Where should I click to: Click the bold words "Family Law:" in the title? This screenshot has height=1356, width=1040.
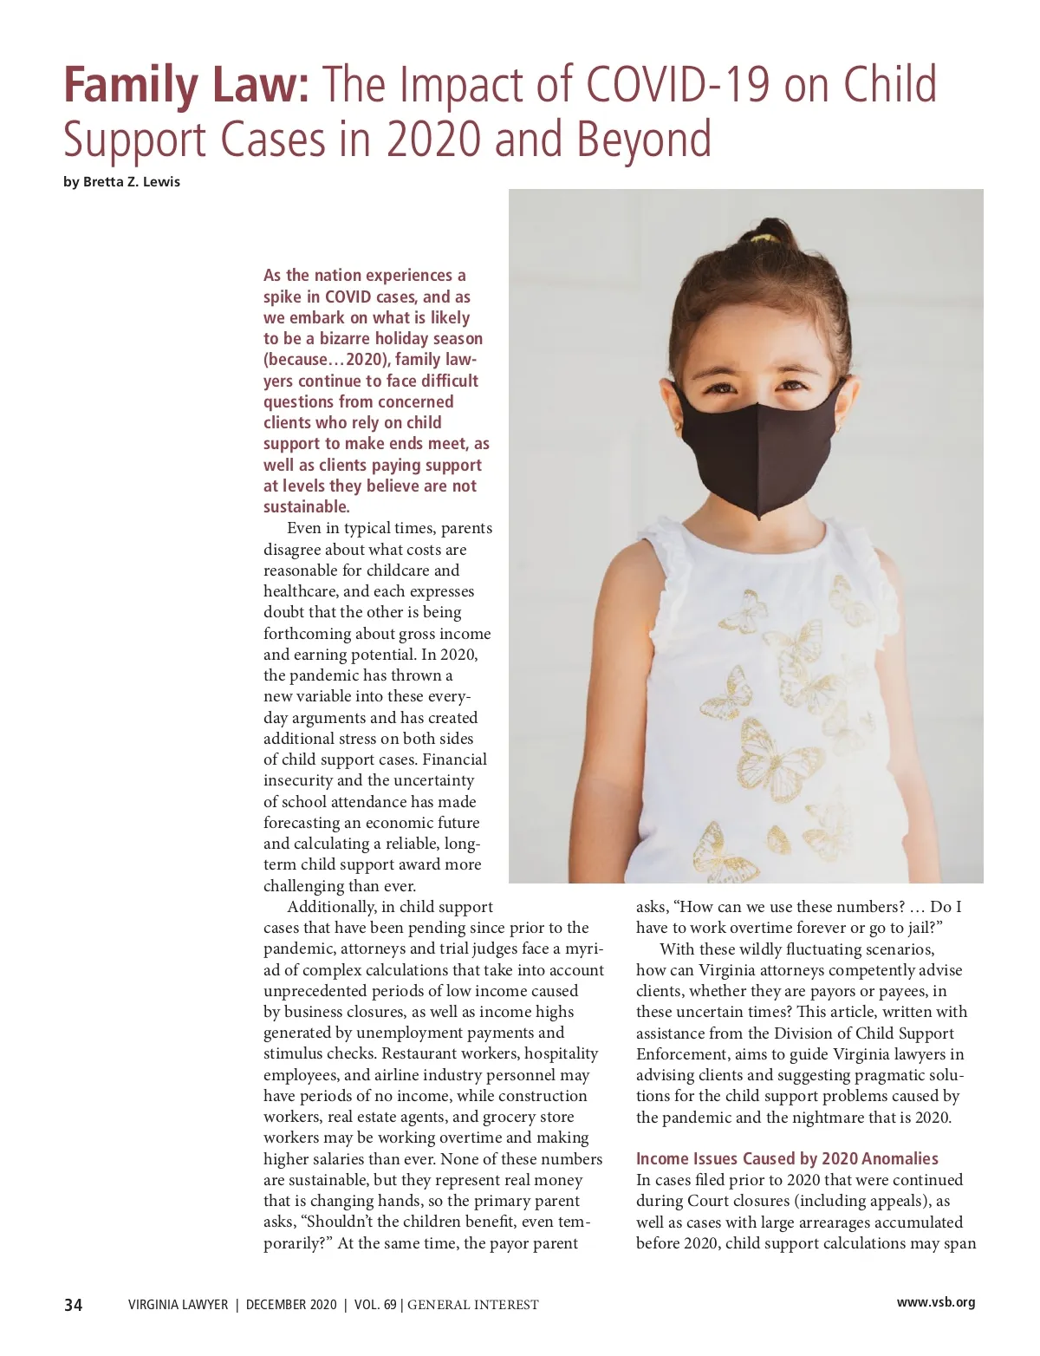[x=186, y=85]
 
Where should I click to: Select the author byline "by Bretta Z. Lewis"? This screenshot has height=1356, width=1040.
[x=122, y=182]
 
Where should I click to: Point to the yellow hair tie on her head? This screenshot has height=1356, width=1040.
[x=762, y=237]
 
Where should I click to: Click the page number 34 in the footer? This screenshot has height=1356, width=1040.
[x=74, y=1305]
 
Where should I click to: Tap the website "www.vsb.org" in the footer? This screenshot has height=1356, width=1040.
[x=935, y=1302]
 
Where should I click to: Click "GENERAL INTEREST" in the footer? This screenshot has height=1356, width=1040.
[x=473, y=1305]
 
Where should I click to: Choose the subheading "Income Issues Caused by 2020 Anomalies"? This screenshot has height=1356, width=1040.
[x=787, y=1159]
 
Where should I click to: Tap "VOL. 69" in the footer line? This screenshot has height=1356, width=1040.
[x=375, y=1305]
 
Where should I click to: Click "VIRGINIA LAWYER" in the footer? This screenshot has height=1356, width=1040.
[x=178, y=1305]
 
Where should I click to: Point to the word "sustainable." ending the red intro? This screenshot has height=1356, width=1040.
[x=307, y=507]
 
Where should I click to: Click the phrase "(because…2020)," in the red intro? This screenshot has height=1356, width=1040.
[x=327, y=360]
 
